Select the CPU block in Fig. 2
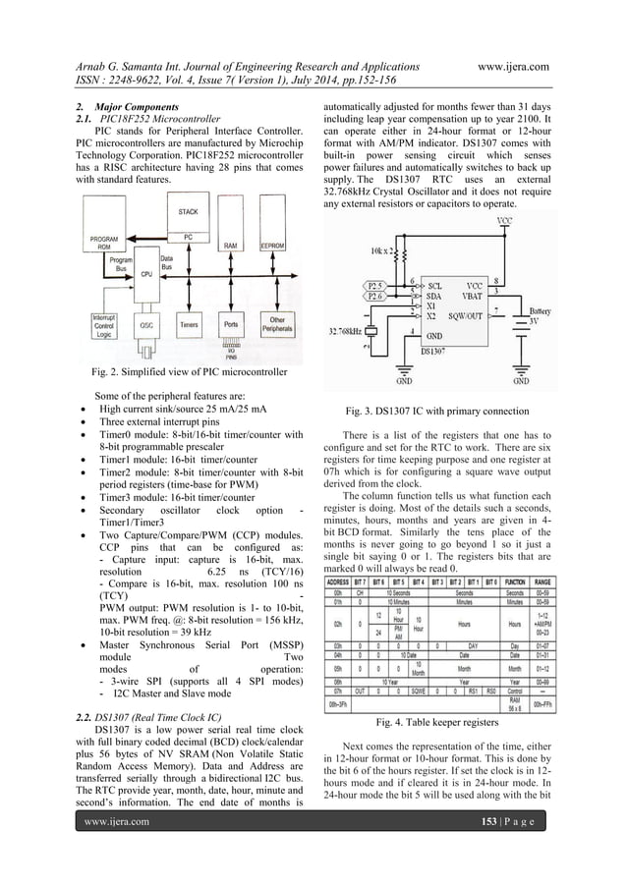tap(145, 275)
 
